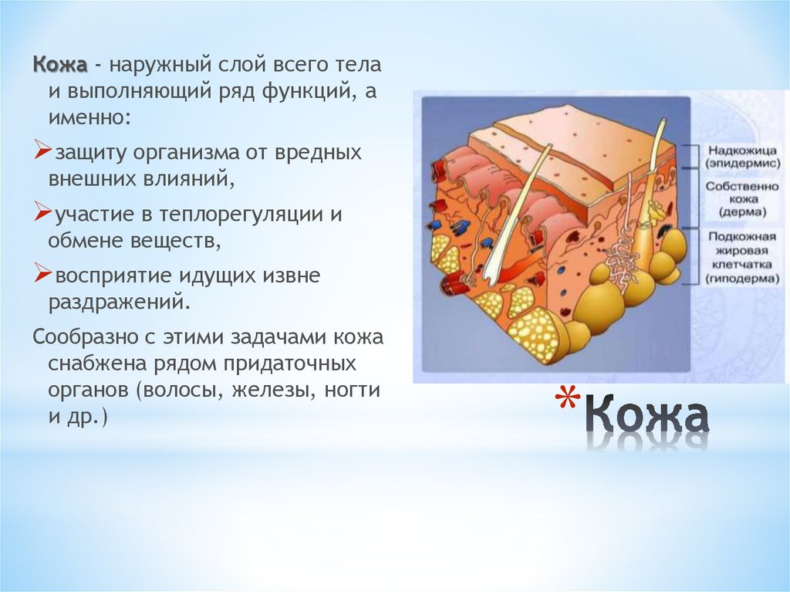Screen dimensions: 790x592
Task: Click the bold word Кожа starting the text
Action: click(x=60, y=65)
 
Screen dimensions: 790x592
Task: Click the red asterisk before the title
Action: click(x=567, y=401)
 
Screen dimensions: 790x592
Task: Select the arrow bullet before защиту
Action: click(x=43, y=151)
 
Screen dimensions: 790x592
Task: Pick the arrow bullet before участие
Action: click(x=43, y=213)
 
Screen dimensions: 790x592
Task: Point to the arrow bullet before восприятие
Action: click(x=43, y=274)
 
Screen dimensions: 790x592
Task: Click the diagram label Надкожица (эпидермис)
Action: click(x=742, y=157)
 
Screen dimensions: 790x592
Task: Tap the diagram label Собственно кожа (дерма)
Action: click(x=742, y=198)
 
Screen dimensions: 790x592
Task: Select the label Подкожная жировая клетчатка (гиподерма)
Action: click(x=742, y=257)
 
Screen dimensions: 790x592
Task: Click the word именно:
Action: click(x=89, y=118)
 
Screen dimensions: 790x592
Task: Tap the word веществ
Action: click(x=176, y=241)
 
